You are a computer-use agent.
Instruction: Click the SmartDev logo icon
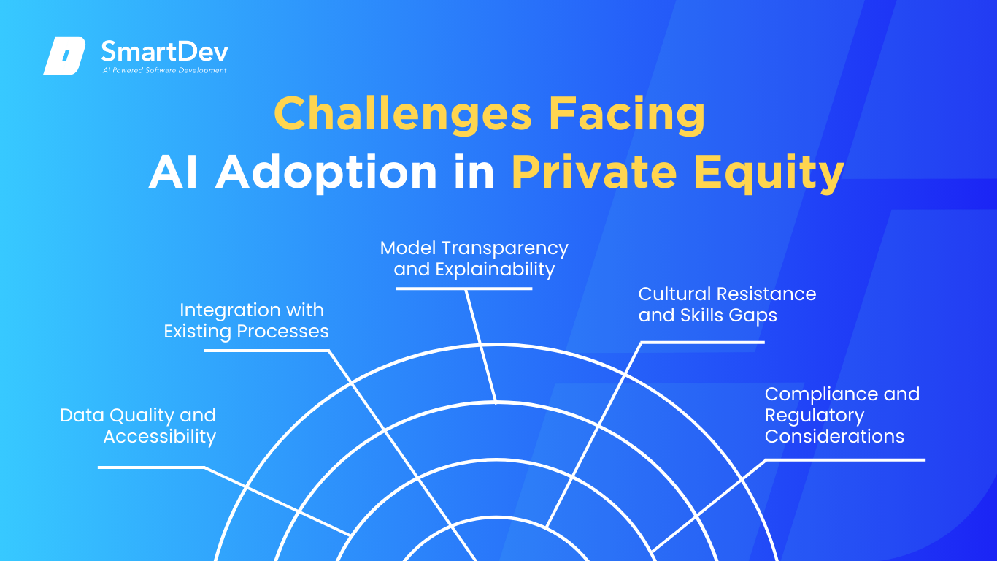click(x=64, y=56)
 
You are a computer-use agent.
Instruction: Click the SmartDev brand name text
click(x=164, y=51)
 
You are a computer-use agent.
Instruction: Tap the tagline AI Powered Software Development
click(x=164, y=70)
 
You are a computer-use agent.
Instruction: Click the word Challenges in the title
click(x=403, y=115)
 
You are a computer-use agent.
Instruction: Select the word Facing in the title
click(x=627, y=115)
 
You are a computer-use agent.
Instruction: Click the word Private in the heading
click(x=594, y=172)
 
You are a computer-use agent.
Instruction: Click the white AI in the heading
click(x=173, y=172)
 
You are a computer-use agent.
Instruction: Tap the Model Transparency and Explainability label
click(x=474, y=259)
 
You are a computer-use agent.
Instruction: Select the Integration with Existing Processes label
click(x=246, y=321)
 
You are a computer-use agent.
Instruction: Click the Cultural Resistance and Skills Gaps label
click(x=727, y=305)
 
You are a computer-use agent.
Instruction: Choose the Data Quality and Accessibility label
click(x=138, y=426)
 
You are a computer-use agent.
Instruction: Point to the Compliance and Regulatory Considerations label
click(x=842, y=416)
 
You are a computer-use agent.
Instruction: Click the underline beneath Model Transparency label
click(x=463, y=289)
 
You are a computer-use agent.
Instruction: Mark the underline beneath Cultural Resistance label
click(x=703, y=342)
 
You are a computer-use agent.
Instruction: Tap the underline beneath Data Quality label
click(x=151, y=467)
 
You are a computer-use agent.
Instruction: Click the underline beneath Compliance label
click(x=845, y=460)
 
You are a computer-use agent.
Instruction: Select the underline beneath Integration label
click(x=266, y=351)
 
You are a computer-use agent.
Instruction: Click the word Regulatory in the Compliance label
click(x=815, y=416)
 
